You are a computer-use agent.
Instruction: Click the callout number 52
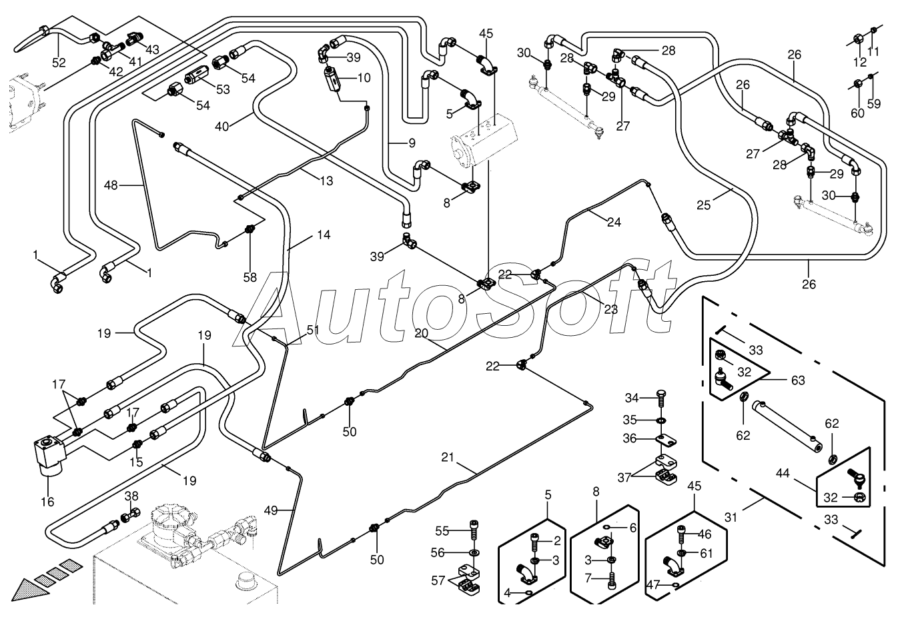point(59,63)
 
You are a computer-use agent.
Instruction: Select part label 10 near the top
point(364,78)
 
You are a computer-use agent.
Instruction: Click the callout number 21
point(448,457)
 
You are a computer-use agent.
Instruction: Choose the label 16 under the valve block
point(48,502)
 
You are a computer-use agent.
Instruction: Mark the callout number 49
point(270,510)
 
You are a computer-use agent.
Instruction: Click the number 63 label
point(798,380)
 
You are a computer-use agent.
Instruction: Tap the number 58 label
point(250,277)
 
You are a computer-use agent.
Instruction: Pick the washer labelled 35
point(660,420)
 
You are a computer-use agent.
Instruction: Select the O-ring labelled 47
point(676,586)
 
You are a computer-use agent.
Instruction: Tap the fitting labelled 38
point(131,515)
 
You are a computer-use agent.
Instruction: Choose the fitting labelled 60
point(857,85)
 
